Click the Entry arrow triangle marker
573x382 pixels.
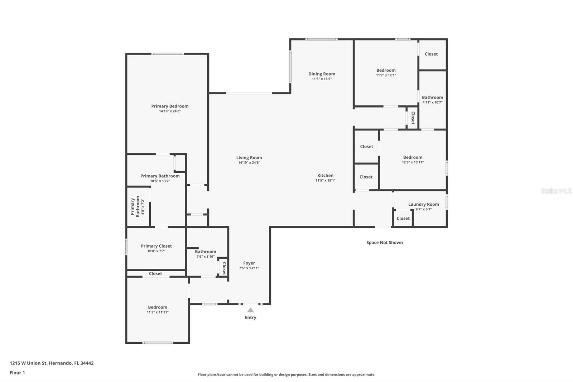point(250,310)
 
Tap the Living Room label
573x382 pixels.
point(249,158)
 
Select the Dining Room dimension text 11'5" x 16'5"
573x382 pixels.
point(322,79)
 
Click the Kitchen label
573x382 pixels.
point(325,176)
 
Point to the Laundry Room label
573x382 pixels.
point(423,204)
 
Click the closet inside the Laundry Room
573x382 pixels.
point(403,218)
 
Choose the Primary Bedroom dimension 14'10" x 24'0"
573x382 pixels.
point(170,111)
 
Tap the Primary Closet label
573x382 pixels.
point(156,246)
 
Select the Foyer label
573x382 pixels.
point(249,263)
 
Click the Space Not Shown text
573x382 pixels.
point(384,243)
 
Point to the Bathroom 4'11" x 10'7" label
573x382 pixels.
point(432,97)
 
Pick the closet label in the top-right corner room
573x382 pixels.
point(431,54)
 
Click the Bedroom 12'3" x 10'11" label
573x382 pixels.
point(413,157)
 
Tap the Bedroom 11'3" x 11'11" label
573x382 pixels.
point(158,307)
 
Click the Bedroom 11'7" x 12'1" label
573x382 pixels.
point(386,70)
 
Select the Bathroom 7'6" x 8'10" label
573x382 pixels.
point(205,252)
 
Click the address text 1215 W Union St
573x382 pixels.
point(52,363)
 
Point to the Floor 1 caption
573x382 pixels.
point(17,373)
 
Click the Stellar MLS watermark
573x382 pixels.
point(556,191)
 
